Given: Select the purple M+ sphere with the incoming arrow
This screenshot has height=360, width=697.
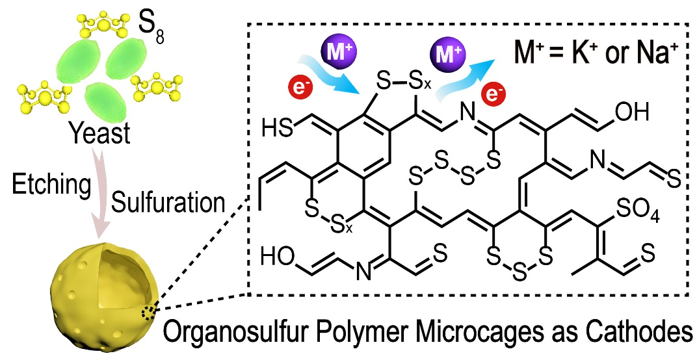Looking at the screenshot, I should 334,50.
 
